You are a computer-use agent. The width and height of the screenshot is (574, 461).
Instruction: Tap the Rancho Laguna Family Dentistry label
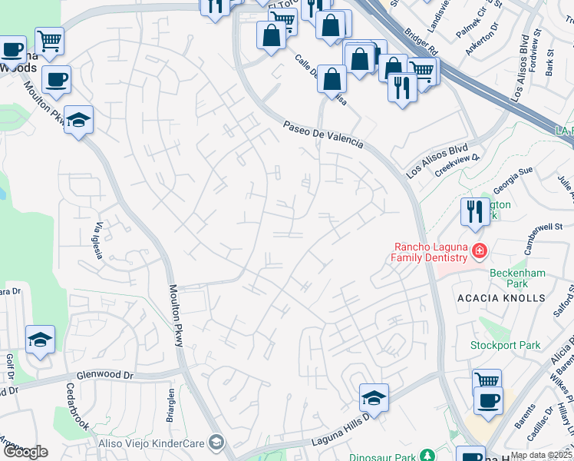(430, 253)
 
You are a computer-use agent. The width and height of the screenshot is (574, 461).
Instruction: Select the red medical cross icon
(480, 250)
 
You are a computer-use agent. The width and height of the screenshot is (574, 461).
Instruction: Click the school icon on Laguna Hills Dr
(374, 397)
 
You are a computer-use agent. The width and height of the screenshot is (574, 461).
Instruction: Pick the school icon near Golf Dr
(40, 340)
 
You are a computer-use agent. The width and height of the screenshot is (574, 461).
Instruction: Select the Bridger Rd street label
(422, 44)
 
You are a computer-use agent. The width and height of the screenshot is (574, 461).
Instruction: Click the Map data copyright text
(541, 455)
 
